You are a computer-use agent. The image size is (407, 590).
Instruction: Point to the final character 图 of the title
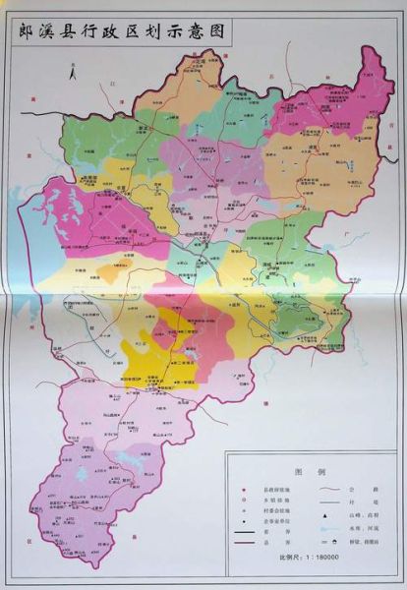[217, 31]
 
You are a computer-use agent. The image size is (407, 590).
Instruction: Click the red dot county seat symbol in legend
[244, 490]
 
